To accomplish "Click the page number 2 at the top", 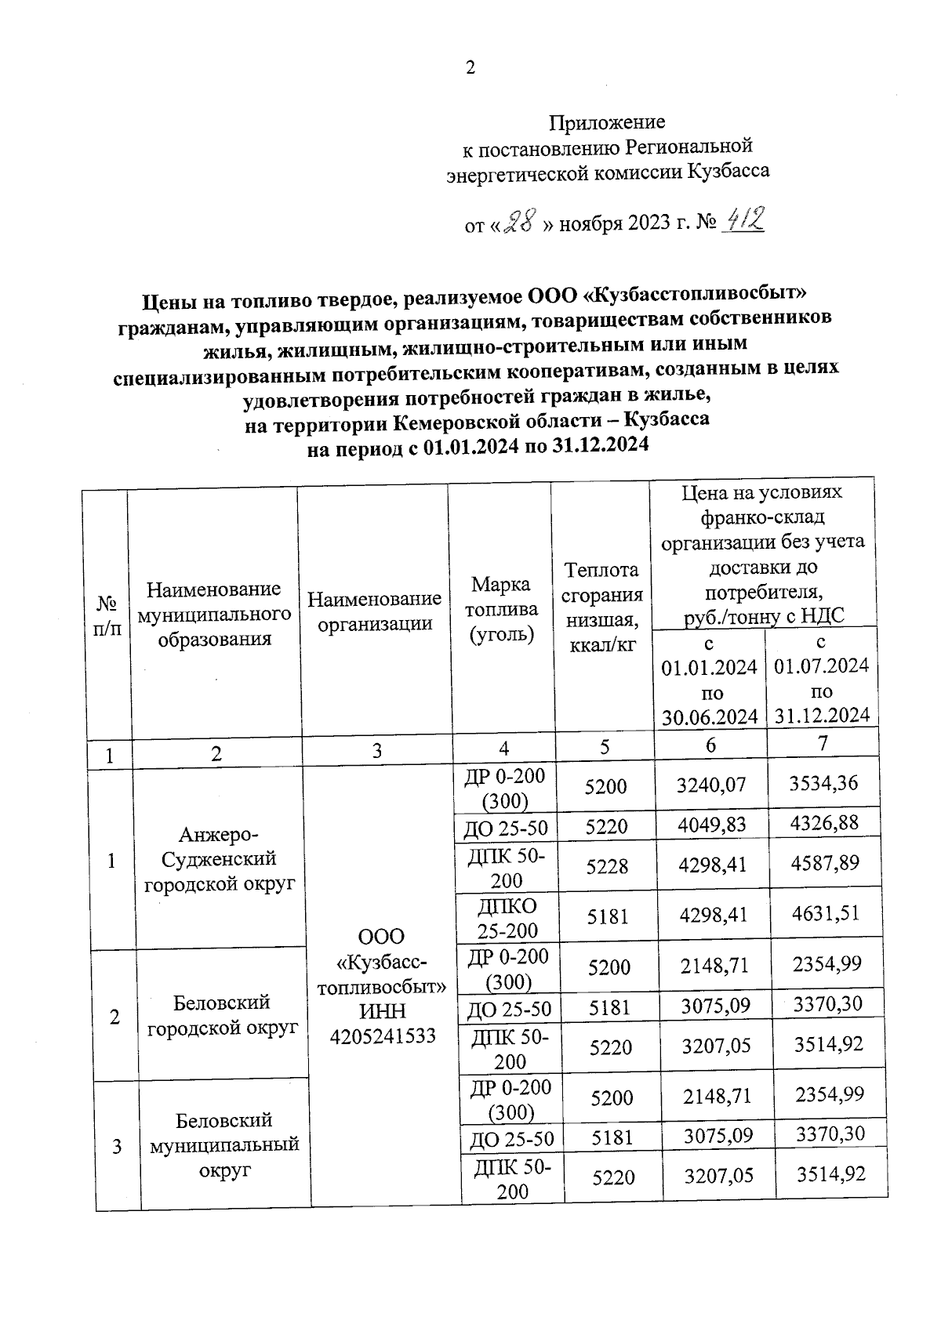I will click(x=470, y=68).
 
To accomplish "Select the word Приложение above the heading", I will click(x=606, y=122).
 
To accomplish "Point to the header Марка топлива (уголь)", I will click(x=502, y=609).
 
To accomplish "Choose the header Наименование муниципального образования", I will click(x=214, y=614).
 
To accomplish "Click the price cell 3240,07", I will click(x=711, y=784).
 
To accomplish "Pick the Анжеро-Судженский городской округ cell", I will click(x=219, y=858).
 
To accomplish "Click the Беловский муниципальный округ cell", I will click(x=224, y=1144).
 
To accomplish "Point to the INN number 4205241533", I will click(x=383, y=1036).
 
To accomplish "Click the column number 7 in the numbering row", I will click(x=822, y=743).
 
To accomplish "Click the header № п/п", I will click(x=107, y=615).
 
